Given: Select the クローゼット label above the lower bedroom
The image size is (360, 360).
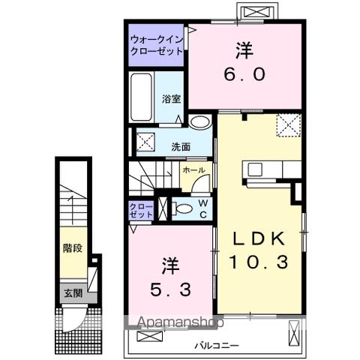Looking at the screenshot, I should [140, 210].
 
